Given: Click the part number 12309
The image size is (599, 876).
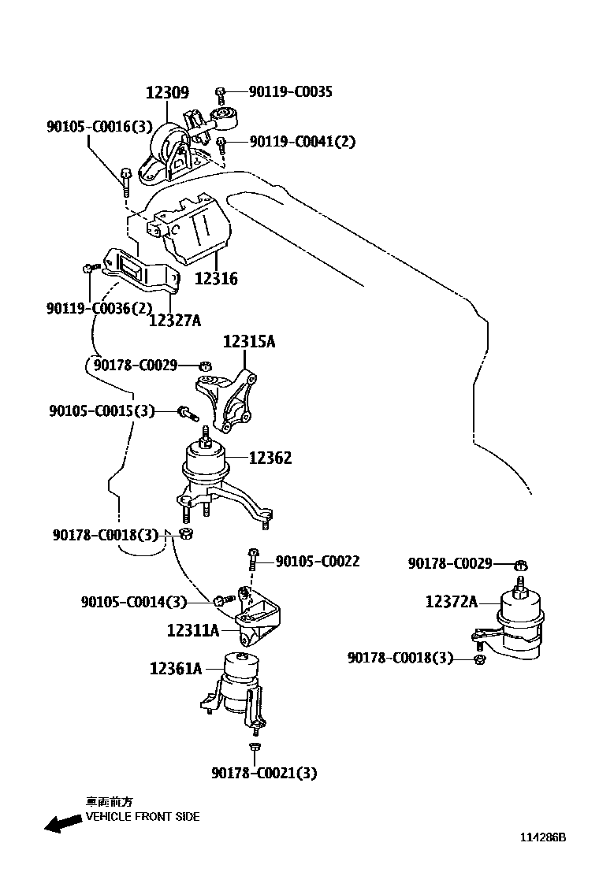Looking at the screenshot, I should click(167, 93).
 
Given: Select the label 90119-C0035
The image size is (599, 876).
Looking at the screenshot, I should click(290, 92).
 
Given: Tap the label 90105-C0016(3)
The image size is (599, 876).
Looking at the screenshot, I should click(99, 125).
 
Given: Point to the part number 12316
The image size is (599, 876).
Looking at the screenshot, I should click(215, 279).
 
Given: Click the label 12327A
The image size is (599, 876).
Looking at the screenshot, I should click(175, 319).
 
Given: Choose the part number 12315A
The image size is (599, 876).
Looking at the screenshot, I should click(248, 342).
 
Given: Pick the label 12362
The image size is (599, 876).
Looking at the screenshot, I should click(270, 458).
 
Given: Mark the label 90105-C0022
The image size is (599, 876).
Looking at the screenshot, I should click(317, 562).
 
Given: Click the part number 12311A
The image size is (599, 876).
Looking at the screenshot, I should click(192, 630).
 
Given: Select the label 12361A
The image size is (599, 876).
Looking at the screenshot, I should click(176, 669).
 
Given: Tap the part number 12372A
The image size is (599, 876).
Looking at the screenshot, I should click(451, 602).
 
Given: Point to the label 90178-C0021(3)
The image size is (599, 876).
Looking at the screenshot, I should click(263, 774).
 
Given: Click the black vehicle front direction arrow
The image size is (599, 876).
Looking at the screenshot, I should click(63, 824).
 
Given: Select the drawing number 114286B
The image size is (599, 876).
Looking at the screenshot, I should click(542, 837).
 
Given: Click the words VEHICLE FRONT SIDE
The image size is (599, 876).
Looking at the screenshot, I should click(143, 817).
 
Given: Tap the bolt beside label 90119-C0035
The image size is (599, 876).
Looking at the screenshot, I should click(221, 93).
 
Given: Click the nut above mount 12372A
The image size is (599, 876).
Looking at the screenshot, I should click(520, 564).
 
